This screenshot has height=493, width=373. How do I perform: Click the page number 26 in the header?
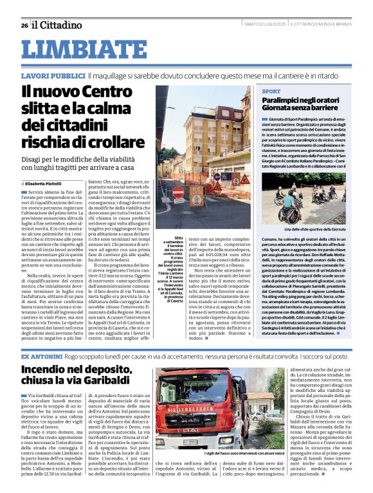pos(24,26)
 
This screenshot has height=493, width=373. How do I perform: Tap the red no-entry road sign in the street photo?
pos(178,192)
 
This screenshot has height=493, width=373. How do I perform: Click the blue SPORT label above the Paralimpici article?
pos(271,92)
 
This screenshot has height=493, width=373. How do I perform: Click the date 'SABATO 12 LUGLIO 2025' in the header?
pos(265,24)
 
